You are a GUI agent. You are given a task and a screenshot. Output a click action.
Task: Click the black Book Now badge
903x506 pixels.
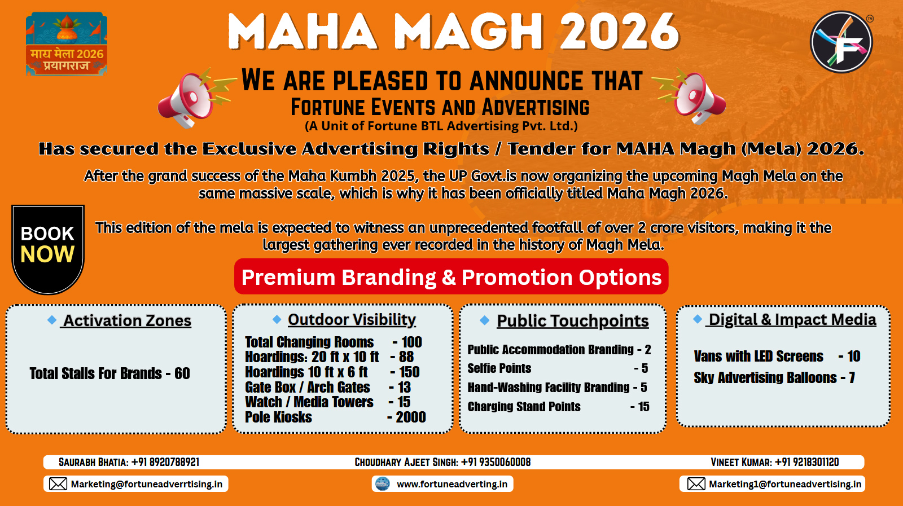point(48,249)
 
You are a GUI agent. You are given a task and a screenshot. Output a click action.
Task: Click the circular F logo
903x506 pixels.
point(841,42)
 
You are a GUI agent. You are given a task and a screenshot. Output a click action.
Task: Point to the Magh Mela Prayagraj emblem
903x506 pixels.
point(67,43)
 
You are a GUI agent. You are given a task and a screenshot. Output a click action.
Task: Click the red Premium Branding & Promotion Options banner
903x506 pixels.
point(451,277)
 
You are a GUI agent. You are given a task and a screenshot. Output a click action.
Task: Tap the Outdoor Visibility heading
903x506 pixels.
point(352,319)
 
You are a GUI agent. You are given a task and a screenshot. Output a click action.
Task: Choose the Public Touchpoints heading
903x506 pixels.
point(572,320)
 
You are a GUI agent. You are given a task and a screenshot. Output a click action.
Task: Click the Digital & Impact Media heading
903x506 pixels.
point(791,319)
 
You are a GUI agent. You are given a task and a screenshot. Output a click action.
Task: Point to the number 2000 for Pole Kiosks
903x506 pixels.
point(410,417)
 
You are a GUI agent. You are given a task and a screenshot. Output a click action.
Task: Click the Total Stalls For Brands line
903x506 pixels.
point(109,373)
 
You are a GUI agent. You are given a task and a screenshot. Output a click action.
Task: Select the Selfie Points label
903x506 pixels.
point(499,368)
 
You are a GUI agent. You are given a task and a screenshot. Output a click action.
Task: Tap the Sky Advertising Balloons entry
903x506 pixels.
point(774,377)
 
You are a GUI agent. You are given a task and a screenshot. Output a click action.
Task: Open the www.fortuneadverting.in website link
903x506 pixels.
point(452,484)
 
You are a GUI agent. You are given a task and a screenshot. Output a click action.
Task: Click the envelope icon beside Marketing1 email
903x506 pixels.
point(696,484)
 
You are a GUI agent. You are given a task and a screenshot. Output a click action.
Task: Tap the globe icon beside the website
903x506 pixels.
point(383,484)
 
